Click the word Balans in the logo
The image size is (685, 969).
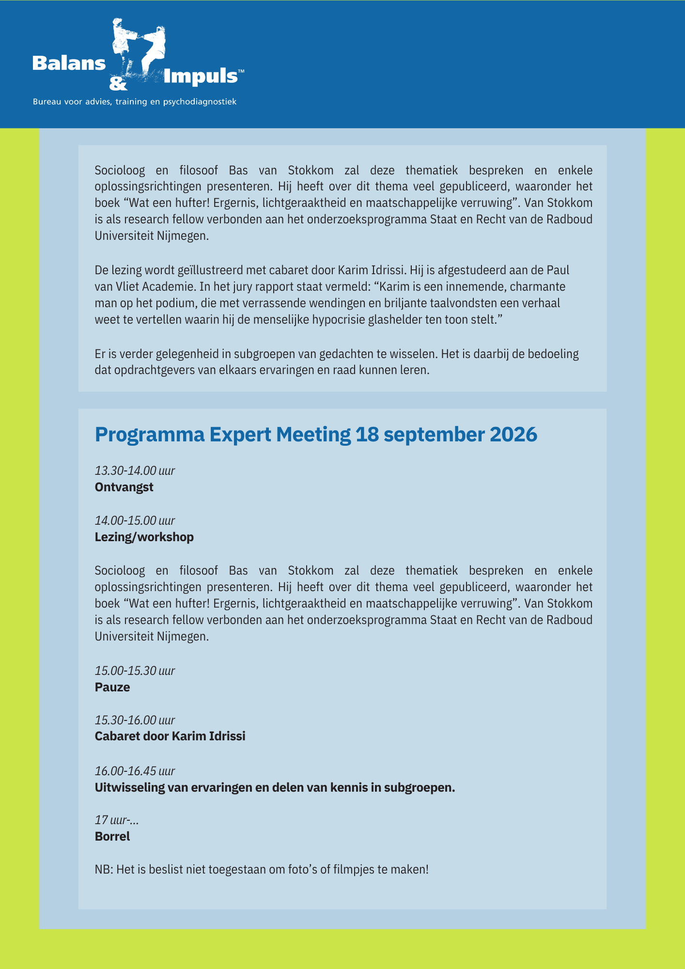[69, 63]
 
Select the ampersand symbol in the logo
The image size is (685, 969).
[118, 84]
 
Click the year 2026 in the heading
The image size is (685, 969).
[514, 435]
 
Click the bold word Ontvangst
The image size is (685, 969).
[124, 487]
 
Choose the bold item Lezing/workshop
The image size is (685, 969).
[144, 537]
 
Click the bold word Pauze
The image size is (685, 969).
[112, 687]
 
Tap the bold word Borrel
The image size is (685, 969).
[112, 836]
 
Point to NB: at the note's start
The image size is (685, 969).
[104, 869]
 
